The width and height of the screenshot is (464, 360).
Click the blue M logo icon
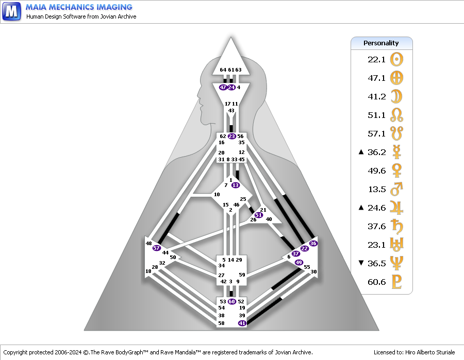(x=11, y=11)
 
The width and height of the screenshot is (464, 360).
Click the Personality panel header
(x=382, y=43)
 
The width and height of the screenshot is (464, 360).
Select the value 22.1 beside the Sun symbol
(x=377, y=59)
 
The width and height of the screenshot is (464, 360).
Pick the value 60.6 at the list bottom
(x=377, y=282)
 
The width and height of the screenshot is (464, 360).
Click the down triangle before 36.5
(x=361, y=263)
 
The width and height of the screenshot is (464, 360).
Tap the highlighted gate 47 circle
(x=223, y=88)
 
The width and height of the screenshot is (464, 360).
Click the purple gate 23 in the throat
(x=231, y=136)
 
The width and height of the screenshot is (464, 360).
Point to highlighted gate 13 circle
(x=236, y=185)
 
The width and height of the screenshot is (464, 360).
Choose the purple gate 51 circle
(x=258, y=215)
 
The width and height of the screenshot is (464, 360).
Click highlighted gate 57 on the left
(x=157, y=248)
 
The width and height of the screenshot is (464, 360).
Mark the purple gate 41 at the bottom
(x=242, y=323)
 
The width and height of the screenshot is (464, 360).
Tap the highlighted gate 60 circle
(x=231, y=301)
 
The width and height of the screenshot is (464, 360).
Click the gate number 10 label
(x=217, y=195)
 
